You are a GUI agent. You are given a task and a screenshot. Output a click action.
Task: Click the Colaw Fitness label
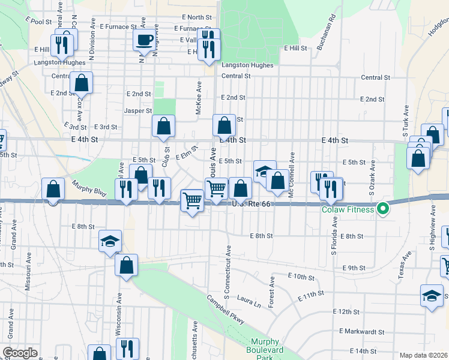pos(348,209)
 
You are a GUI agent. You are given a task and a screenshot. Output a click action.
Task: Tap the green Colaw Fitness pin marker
pos(382,209)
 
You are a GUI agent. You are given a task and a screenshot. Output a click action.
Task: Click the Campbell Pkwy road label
pos(226,310)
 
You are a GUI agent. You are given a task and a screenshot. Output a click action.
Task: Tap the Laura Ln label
pos(249,298)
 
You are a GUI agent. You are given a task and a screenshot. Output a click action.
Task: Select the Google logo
pos(20,353)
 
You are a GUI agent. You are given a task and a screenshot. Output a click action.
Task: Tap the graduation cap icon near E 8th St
pos(110,242)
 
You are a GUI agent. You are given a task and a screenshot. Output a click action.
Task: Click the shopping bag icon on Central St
pos(81,83)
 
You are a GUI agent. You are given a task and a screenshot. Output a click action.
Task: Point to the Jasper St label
pos(138,111)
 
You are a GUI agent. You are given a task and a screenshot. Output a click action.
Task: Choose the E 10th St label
pos(301,276)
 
